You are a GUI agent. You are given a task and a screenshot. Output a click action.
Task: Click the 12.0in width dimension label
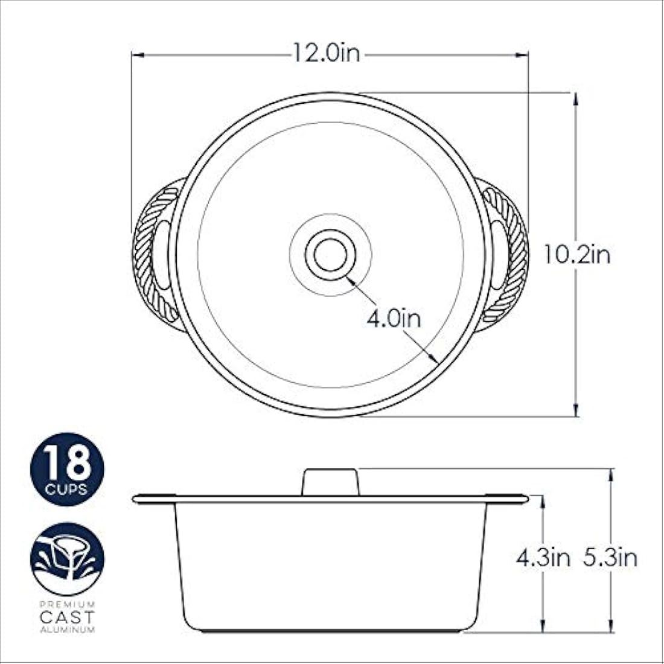(327, 54)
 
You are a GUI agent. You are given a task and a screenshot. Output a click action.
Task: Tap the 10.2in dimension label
(577, 255)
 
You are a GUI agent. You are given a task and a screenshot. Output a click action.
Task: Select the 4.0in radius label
(394, 318)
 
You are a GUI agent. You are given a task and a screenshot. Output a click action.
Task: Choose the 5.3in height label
(610, 558)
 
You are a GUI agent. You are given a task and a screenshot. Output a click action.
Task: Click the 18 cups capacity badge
(67, 469)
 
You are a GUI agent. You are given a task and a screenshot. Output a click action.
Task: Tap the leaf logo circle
(67, 560)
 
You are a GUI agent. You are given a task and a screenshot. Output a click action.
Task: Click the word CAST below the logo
(67, 616)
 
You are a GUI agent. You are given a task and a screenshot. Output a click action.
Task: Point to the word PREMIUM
(67, 604)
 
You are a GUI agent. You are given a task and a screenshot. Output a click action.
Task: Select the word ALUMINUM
(67, 630)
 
